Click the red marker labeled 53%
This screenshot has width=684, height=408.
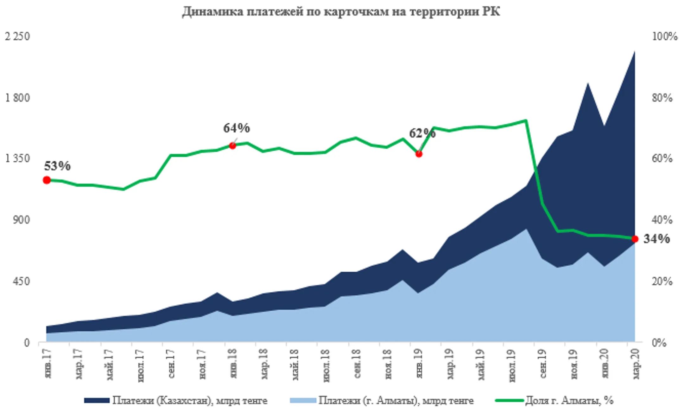click(47, 180)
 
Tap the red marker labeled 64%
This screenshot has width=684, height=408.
click(232, 146)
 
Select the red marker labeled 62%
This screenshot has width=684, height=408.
click(419, 154)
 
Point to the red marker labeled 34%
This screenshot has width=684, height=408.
click(635, 239)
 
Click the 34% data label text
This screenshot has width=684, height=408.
click(656, 239)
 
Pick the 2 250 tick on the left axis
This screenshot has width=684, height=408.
click(17, 36)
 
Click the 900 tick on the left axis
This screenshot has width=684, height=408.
click(22, 220)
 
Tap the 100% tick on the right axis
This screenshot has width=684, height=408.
click(664, 36)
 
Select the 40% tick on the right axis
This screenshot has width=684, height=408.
click(662, 220)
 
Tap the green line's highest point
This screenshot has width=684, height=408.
click(526, 120)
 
